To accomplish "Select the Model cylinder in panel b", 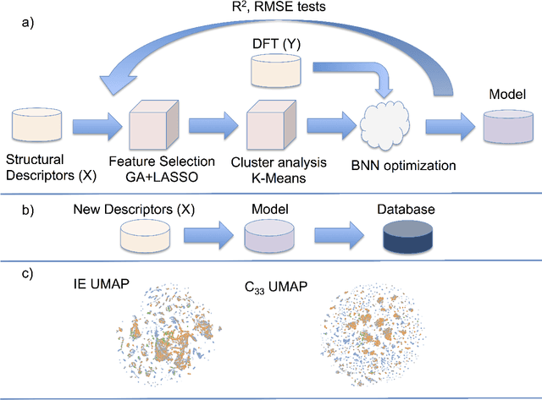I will (x=267, y=236).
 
